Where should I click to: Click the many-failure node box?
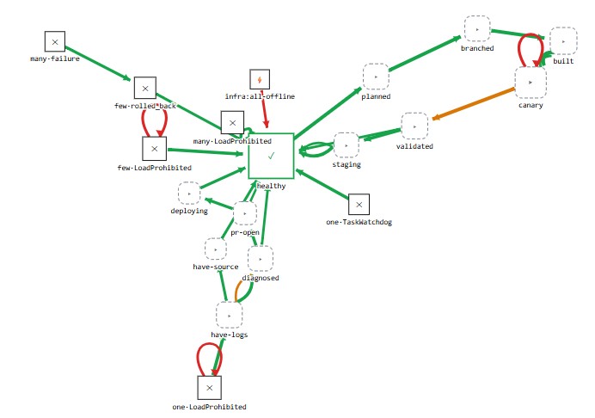(x=55, y=41)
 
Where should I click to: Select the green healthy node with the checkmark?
(x=271, y=156)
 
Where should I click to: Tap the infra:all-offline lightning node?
(x=260, y=79)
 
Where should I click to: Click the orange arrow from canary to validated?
(x=473, y=104)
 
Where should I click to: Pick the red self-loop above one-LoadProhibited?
(x=209, y=344)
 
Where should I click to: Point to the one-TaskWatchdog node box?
(x=359, y=204)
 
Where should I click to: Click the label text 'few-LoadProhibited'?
(x=155, y=168)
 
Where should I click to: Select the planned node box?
(x=376, y=77)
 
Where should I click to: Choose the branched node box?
(x=477, y=29)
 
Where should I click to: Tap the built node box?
(x=563, y=41)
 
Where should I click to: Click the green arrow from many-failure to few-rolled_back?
(x=98, y=63)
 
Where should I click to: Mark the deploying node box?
(x=189, y=194)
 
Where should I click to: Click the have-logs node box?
(x=229, y=315)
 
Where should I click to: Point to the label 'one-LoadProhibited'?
(x=209, y=407)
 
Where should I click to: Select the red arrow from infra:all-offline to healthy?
(x=264, y=109)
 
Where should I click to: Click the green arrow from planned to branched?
(x=425, y=53)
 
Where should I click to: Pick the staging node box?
(x=346, y=145)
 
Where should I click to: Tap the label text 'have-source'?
(x=216, y=267)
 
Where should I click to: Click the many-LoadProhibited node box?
(x=232, y=123)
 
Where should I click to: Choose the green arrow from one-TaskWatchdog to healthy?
(x=322, y=184)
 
